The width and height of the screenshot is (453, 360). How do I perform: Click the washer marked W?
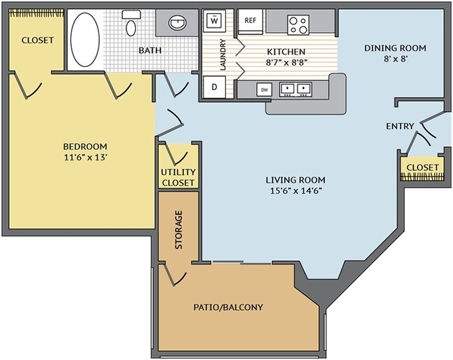point(215,21)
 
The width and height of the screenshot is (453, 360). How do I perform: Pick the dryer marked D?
point(215,88)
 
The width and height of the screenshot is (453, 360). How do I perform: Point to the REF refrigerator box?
point(250,21)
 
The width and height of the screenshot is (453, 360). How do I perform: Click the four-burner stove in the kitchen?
point(298,24)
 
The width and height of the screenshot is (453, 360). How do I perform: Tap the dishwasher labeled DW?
point(264,89)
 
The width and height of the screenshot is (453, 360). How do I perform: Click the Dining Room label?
point(395,48)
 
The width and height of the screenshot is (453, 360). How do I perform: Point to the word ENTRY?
point(400,126)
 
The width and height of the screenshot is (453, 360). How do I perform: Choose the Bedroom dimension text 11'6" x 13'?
point(85,157)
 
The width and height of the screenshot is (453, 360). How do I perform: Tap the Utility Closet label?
point(178,177)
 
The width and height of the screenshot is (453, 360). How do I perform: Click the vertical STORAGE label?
point(178,230)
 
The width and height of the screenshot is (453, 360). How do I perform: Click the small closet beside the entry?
point(422,168)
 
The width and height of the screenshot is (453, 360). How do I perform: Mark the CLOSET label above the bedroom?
point(37,40)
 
